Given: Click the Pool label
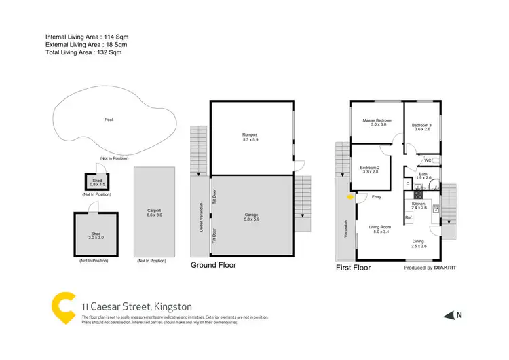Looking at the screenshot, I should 109,120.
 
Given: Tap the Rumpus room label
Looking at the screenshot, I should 251,134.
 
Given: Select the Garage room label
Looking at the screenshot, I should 251,215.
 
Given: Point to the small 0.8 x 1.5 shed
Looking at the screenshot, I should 94,182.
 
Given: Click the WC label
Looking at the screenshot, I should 428,160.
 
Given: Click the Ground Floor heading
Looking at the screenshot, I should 213,265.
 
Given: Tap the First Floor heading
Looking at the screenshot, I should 353,268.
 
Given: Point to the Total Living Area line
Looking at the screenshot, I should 85,52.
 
